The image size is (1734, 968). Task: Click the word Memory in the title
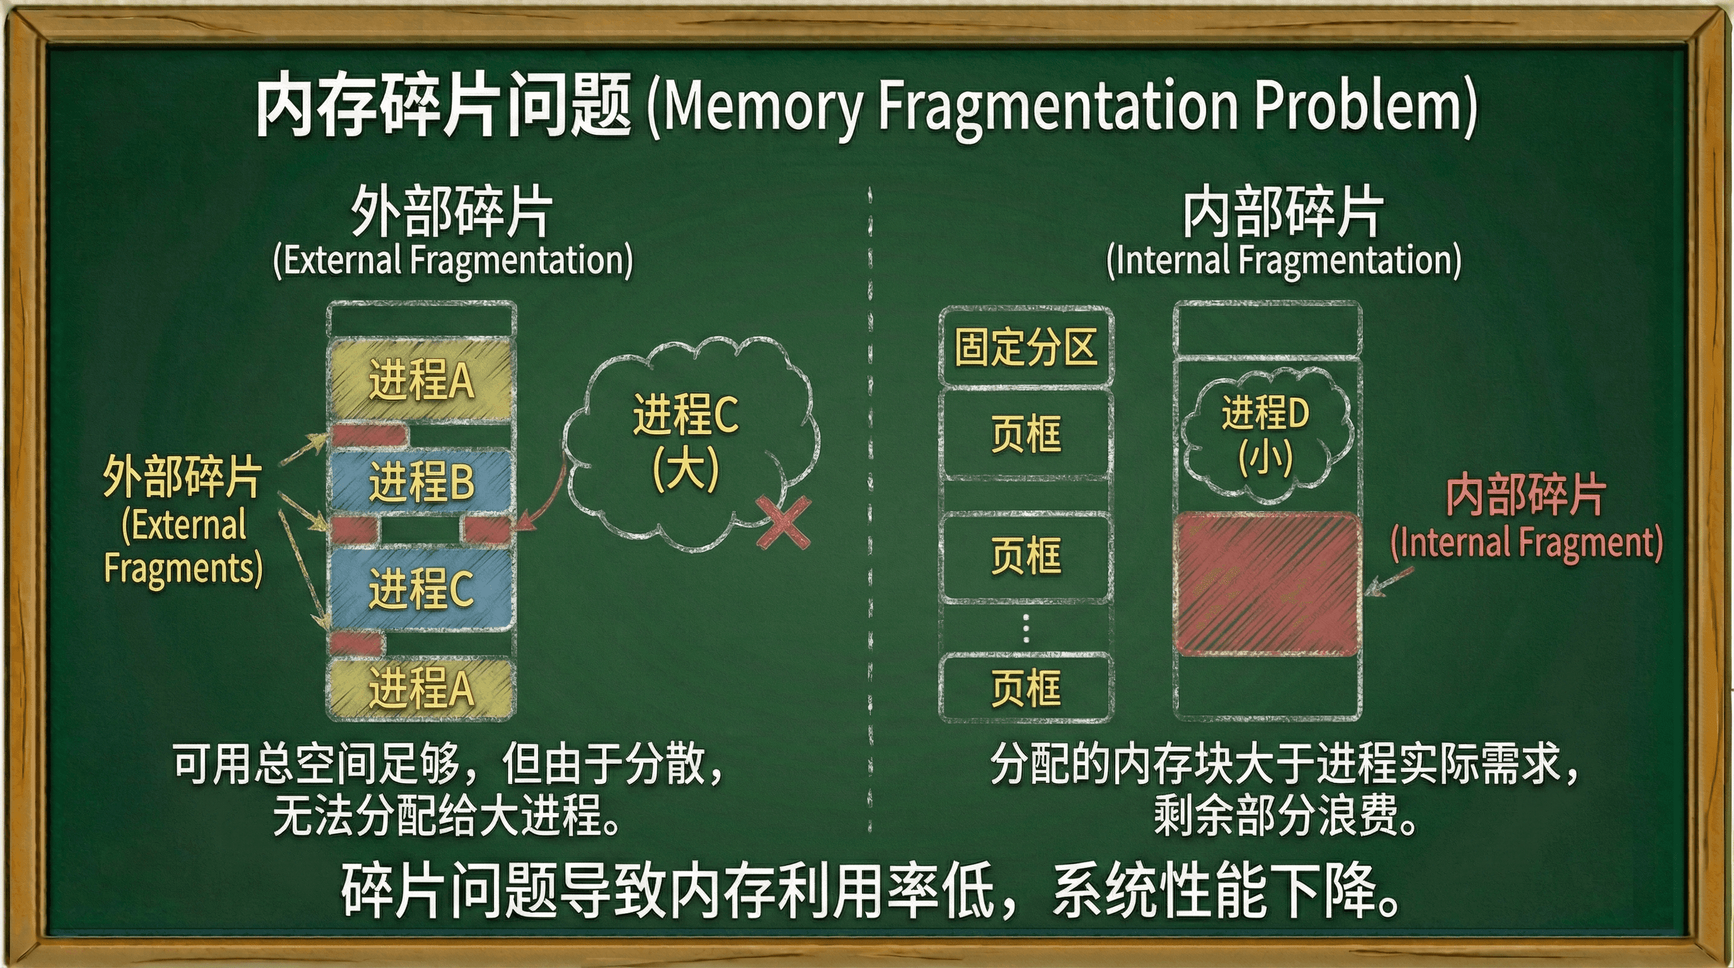coord(763,107)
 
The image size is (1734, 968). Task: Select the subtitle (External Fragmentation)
coord(453,260)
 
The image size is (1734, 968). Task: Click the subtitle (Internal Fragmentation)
coord(1283,260)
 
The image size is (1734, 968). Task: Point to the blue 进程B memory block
coord(422,482)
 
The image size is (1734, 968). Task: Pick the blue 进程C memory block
coord(422,590)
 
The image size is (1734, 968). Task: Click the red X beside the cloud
coord(783,523)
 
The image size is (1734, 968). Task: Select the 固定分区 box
coord(1026,347)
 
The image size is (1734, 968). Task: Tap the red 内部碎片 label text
coord(1525,494)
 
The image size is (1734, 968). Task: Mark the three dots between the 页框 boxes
coord(1026,629)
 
